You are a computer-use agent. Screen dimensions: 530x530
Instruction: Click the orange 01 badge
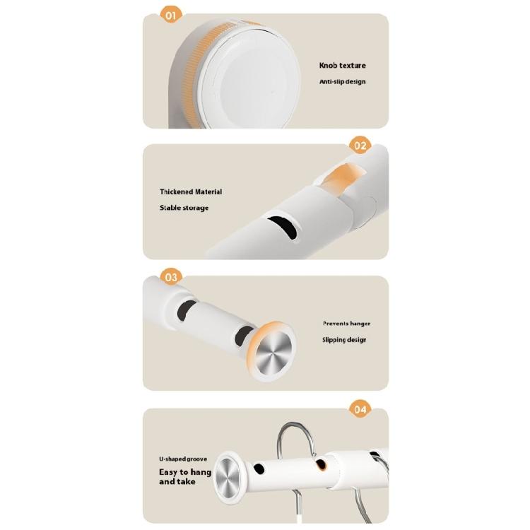(170, 14)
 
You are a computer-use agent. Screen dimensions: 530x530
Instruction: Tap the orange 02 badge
(360, 146)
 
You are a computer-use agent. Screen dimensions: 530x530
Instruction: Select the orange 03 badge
(171, 277)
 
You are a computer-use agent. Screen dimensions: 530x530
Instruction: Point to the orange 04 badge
(360, 408)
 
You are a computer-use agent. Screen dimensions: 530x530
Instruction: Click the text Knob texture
(342, 66)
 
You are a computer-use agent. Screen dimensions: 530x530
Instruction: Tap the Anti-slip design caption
(343, 82)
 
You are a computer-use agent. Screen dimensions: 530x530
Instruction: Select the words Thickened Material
(191, 192)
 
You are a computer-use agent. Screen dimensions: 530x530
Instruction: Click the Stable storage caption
(184, 208)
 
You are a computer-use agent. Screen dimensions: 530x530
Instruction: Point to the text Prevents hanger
(346, 324)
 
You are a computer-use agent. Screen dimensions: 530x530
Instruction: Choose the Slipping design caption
(345, 340)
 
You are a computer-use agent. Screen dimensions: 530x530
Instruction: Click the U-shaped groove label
(183, 459)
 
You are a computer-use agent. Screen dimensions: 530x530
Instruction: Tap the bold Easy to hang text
(185, 471)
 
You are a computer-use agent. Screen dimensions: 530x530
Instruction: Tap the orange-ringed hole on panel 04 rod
(322, 464)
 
